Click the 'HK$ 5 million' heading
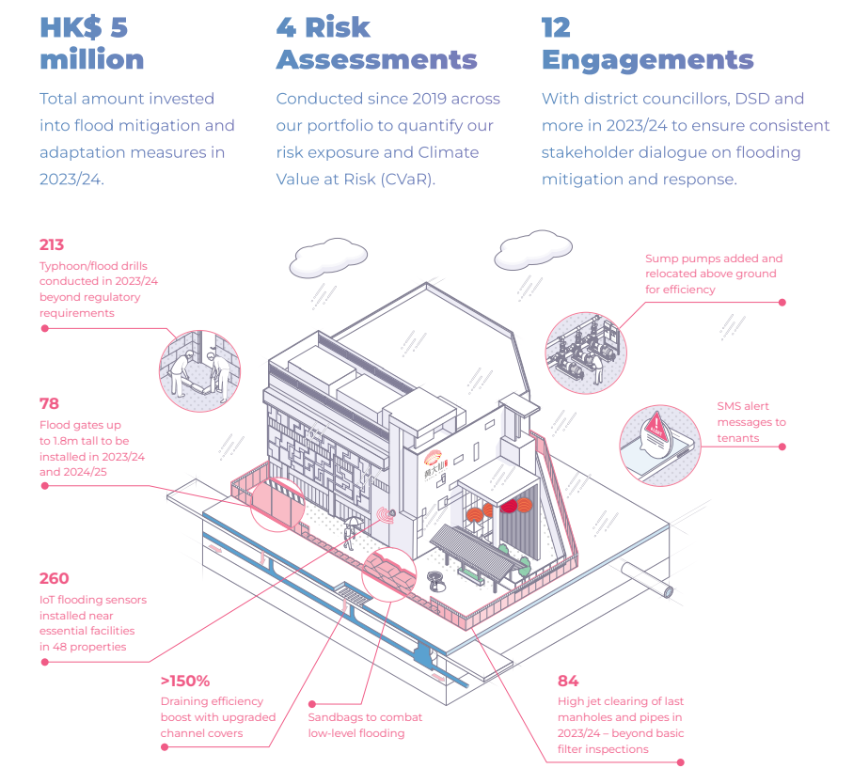pos(92,43)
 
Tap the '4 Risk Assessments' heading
pos(376,43)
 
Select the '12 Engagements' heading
pos(647,44)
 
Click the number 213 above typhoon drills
pos(52,244)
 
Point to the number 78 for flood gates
pos(49,403)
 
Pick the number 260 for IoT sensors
pos(54,578)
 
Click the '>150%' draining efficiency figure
pos(185,681)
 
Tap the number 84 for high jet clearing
pos(568,681)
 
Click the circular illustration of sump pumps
pos(586,353)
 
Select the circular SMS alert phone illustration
pos(660,446)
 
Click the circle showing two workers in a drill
pos(199,370)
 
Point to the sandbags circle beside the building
pos(389,574)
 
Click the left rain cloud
pos(328,258)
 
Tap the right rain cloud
pos(533,249)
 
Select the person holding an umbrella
pos(350,533)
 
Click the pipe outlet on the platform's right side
pos(647,580)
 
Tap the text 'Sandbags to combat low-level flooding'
pos(365,726)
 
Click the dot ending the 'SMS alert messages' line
pos(782,447)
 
